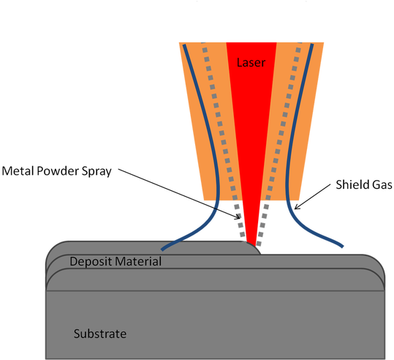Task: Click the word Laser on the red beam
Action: [251, 63]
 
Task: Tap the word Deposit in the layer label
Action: [90, 261]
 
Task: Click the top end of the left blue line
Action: [183, 45]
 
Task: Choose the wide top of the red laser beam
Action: [251, 45]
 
